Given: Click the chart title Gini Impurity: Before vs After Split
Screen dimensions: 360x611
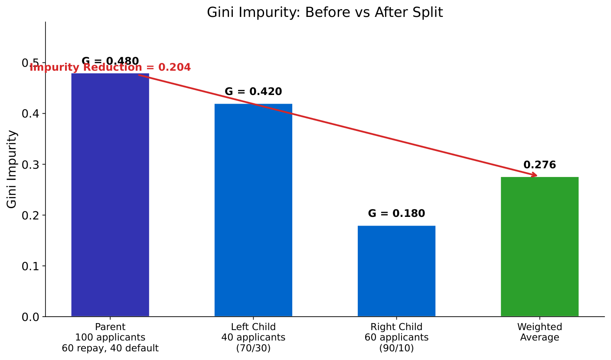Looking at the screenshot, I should (x=325, y=13).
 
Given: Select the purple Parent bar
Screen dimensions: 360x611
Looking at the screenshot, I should (x=110, y=195).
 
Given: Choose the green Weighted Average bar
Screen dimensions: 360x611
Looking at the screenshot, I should (x=539, y=247).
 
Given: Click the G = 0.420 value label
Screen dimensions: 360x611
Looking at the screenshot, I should (x=253, y=92).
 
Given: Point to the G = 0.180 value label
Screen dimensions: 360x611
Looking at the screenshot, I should (x=396, y=214).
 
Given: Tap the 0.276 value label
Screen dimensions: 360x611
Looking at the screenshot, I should (x=539, y=165).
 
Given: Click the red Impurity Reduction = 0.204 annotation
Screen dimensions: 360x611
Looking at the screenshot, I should (x=110, y=68).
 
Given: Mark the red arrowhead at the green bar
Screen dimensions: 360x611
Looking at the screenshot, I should (x=534, y=175).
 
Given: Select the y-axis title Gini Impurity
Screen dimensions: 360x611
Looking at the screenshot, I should (x=12, y=169).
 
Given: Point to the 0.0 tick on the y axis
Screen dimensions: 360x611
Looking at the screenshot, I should (x=30, y=317).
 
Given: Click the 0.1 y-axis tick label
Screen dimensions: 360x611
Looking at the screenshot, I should (x=30, y=266).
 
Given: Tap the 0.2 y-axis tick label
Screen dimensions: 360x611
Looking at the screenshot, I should (x=30, y=216).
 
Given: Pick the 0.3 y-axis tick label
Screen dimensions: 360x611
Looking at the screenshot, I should (x=30, y=165).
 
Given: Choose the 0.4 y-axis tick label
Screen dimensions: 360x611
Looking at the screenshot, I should (x=30, y=114).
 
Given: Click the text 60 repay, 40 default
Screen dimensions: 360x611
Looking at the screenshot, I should (x=110, y=348).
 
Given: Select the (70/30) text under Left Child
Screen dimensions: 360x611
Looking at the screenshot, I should (x=253, y=348).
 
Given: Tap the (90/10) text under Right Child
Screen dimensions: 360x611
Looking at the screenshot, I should (x=396, y=348).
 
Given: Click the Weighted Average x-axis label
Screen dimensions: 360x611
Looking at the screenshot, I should (x=539, y=332).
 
